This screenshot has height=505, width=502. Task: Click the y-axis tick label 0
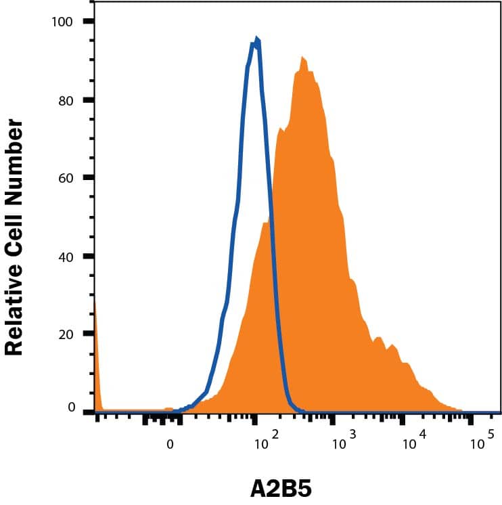tap(69, 408)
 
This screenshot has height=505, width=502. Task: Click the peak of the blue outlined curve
tap(256, 41)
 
